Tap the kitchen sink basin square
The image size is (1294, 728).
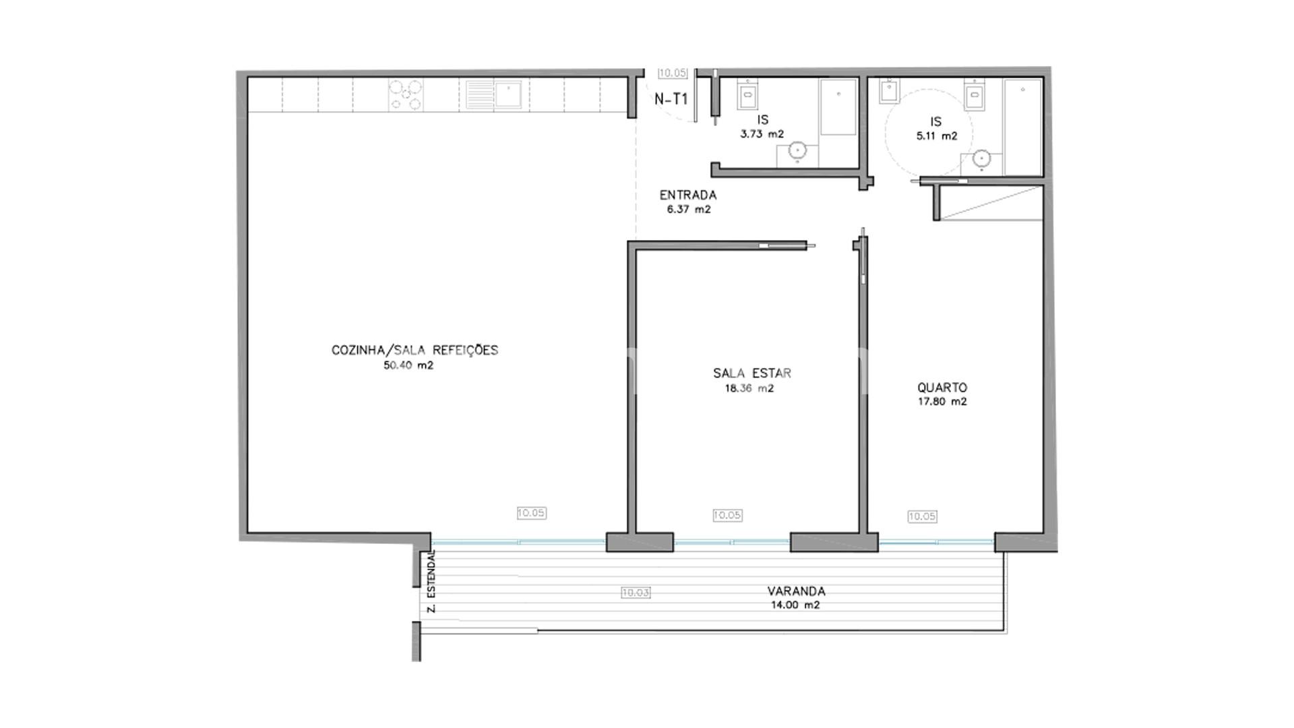click(x=509, y=94)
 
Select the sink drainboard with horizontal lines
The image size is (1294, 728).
click(x=481, y=94)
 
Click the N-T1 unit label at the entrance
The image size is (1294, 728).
click(x=671, y=99)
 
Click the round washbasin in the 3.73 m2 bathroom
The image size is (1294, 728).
click(x=798, y=151)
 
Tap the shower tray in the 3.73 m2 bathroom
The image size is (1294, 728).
click(x=838, y=107)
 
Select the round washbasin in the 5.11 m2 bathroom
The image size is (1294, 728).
click(x=981, y=160)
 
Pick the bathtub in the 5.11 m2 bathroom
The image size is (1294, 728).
click(x=1022, y=127)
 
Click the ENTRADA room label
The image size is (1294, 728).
click(x=687, y=195)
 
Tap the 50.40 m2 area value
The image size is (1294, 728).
click(x=408, y=365)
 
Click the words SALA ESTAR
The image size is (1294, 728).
click(x=752, y=373)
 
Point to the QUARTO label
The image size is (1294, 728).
click(x=942, y=388)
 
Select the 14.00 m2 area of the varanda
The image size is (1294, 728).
click(x=795, y=605)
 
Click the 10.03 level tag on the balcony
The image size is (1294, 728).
click(x=636, y=593)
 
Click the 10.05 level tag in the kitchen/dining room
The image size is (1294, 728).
click(x=531, y=513)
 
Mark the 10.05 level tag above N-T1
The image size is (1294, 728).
click(x=672, y=73)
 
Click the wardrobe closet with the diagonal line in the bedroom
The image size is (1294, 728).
click(x=991, y=203)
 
